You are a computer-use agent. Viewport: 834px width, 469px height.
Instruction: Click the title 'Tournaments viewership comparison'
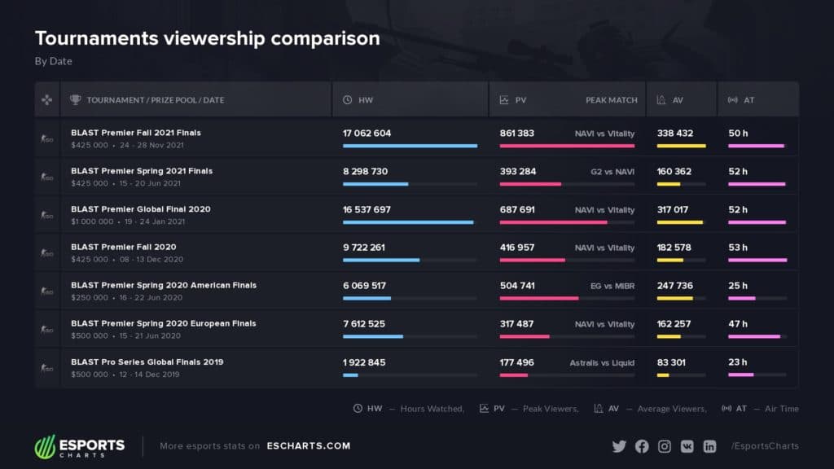click(x=207, y=38)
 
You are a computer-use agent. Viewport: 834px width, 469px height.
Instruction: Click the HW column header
click(x=365, y=100)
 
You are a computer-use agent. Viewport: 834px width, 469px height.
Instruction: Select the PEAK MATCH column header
click(x=611, y=100)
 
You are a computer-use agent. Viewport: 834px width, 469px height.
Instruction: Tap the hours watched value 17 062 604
click(x=367, y=133)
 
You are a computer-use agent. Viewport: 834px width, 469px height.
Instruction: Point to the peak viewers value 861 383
click(x=517, y=133)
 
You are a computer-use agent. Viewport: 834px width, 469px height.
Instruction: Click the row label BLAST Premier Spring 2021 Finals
click(x=142, y=171)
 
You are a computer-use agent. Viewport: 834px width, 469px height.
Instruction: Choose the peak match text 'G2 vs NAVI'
click(x=612, y=171)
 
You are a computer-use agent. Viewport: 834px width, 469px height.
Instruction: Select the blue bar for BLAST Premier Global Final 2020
click(x=407, y=221)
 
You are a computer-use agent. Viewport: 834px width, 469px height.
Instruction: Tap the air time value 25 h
click(x=738, y=286)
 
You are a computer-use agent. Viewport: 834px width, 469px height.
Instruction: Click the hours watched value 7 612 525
click(x=364, y=324)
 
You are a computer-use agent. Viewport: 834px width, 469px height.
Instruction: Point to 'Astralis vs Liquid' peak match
click(x=602, y=362)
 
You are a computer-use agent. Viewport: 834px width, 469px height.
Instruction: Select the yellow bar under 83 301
click(x=663, y=375)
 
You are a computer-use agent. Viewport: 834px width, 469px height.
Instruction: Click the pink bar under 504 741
click(x=538, y=298)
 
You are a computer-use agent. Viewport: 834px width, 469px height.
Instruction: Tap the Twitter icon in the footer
click(x=619, y=446)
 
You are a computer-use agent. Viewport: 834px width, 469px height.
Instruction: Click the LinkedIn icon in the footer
click(x=709, y=446)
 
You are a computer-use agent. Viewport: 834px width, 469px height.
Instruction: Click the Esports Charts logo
click(x=79, y=446)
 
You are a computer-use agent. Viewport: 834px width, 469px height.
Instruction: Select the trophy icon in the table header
click(x=76, y=100)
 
